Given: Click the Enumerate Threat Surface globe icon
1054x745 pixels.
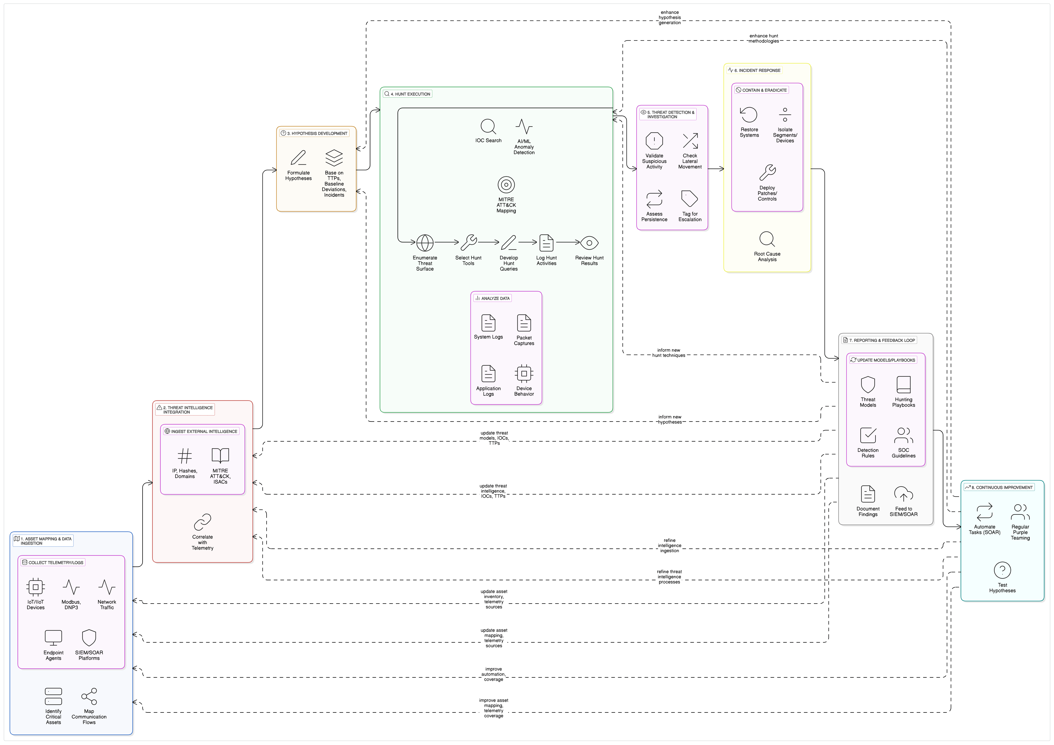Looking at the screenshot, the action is [425, 243].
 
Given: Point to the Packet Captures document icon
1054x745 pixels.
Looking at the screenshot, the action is [524, 323].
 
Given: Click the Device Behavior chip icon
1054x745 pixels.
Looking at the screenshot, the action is [524, 374].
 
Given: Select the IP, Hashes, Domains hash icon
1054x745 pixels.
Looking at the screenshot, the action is [185, 456].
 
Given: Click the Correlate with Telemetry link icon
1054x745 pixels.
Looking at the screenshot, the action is [202, 522].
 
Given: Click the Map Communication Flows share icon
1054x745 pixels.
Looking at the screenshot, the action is [89, 696].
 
